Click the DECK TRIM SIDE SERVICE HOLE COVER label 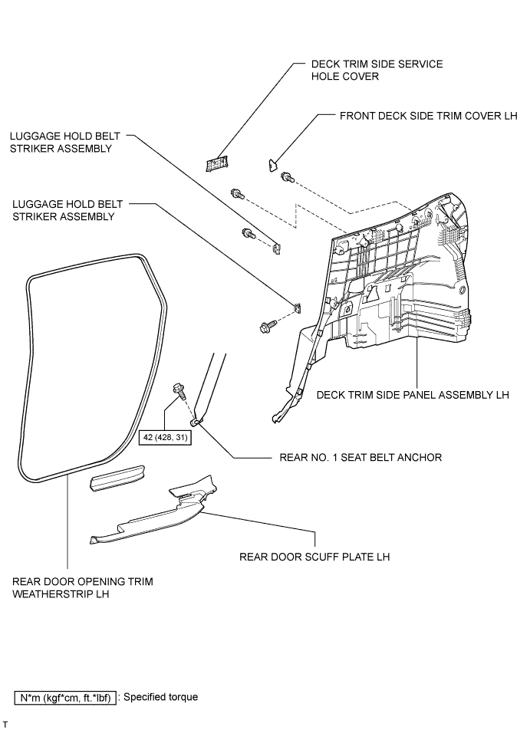point(377,71)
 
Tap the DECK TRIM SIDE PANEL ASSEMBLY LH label point(413,395)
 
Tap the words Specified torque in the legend point(160,697)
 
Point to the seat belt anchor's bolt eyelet point(196,421)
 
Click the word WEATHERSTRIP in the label point(44,594)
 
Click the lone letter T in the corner point(5,724)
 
